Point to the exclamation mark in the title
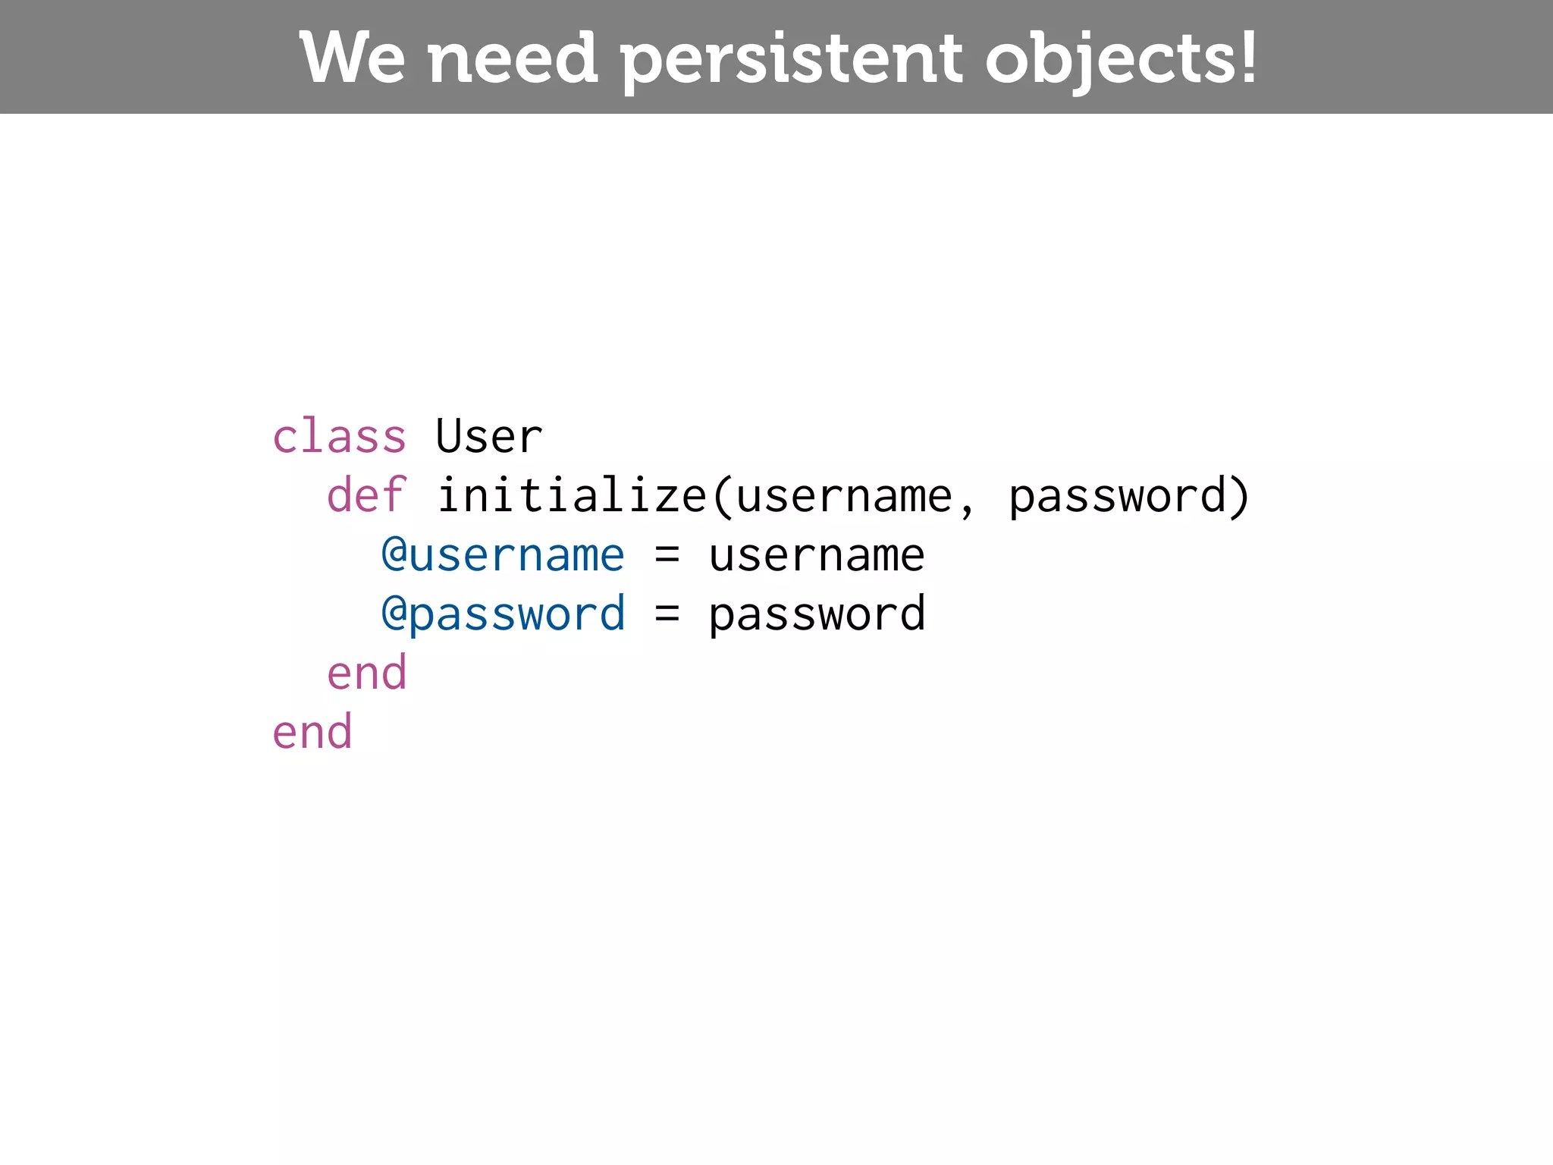[x=1246, y=58]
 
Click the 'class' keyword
[x=339, y=437]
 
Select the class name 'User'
[x=489, y=437]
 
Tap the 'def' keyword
[x=366, y=496]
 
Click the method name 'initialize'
[x=572, y=496]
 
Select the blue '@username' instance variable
[x=503, y=555]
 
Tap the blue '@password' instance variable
[x=503, y=614]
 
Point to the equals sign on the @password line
[x=667, y=614]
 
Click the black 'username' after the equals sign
[x=817, y=555]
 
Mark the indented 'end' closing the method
[x=366, y=674]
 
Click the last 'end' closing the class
[x=312, y=733]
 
